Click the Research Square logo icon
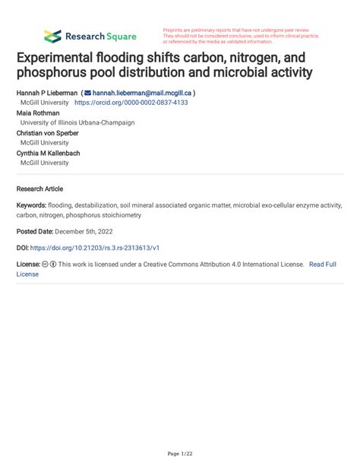pos(52,36)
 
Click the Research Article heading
pos(39,189)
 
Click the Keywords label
pos(31,205)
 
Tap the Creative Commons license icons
pos(49,265)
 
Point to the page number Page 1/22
pos(180,454)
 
